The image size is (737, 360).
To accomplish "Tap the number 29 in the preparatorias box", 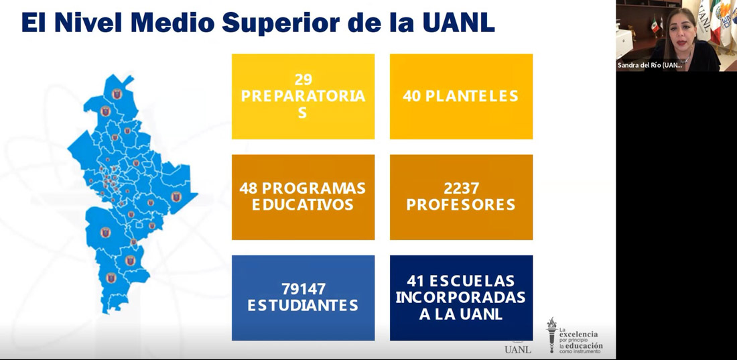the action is coord(303,79).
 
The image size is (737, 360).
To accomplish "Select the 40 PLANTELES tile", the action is coord(461,97).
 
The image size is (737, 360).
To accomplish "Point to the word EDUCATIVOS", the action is coord(303,205).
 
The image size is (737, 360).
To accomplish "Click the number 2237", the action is coord(461,188).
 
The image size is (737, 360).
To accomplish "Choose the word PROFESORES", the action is coord(461,205).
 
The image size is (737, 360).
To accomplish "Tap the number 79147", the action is coord(303,289).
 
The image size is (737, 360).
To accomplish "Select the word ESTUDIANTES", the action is coord(303,306).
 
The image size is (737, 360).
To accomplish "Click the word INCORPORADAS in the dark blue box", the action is coord(461,298).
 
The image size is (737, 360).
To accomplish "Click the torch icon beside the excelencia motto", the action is coord(552,335).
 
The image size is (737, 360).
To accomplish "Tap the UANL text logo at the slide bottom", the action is coord(517,349).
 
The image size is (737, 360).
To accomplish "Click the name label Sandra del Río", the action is coord(650,66).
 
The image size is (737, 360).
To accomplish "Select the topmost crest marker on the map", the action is coord(117,94).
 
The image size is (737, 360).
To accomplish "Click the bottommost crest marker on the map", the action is coord(111,278).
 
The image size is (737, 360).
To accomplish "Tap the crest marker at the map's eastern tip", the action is coord(176,196).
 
